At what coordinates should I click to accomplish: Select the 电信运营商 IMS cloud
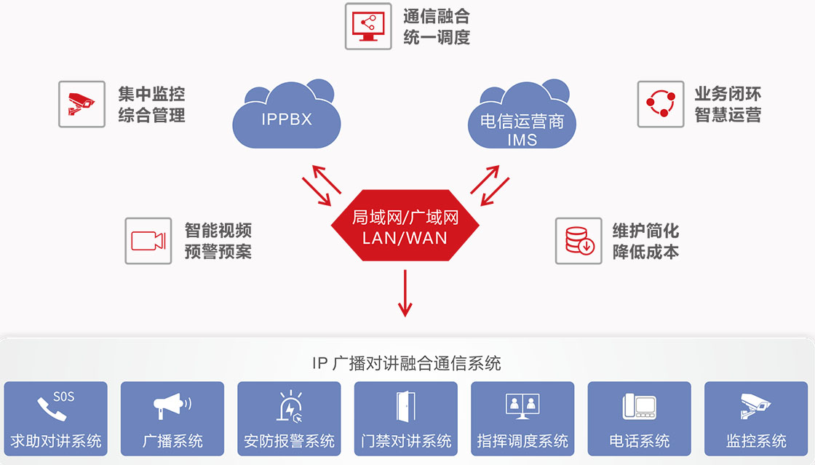click(x=522, y=120)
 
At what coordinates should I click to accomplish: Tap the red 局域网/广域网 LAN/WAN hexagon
click(x=405, y=226)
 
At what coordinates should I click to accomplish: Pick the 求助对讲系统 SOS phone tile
click(x=56, y=418)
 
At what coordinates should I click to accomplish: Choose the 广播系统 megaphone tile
click(x=172, y=418)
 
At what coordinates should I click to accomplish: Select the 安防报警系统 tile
click(x=289, y=418)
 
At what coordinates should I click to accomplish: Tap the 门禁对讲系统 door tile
click(x=406, y=418)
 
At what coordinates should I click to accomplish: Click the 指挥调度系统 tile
click(x=522, y=418)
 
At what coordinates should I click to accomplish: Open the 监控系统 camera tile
click(x=756, y=418)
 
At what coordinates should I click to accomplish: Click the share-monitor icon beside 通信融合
click(x=367, y=26)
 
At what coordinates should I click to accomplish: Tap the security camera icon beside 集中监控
click(x=81, y=103)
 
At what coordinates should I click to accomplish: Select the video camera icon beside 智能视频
click(x=148, y=241)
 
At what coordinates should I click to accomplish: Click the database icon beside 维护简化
click(x=579, y=241)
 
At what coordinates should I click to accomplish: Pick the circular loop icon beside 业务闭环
click(x=661, y=104)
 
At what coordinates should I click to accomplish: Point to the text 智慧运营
click(x=728, y=114)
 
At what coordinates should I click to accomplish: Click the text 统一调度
click(x=437, y=37)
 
